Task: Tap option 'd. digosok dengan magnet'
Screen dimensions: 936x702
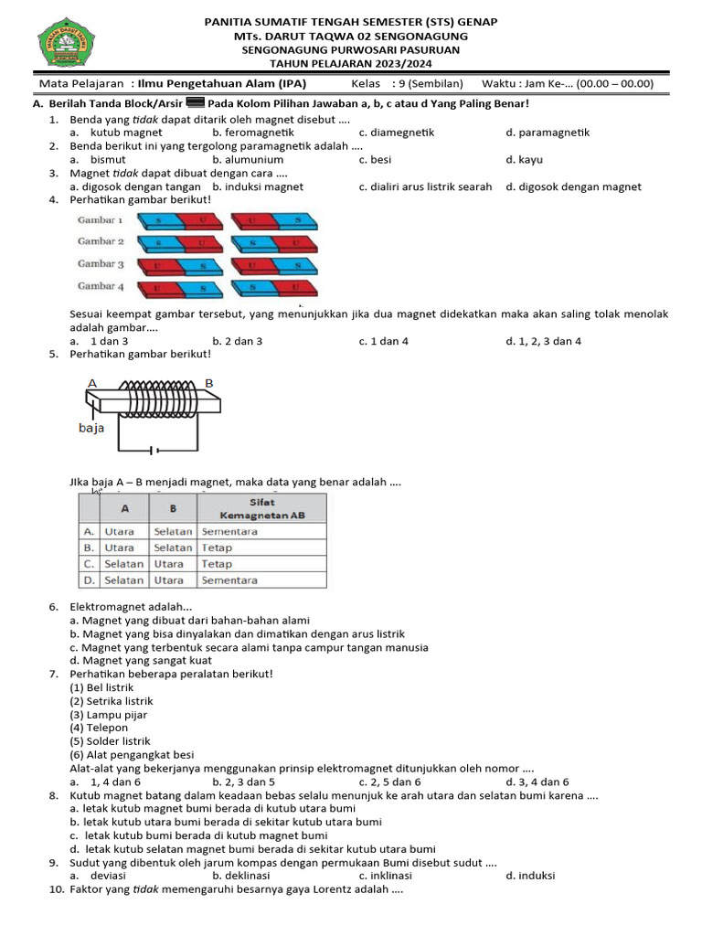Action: tap(573, 186)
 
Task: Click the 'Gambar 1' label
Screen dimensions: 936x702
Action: tap(101, 220)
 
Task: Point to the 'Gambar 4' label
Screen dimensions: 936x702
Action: tap(101, 286)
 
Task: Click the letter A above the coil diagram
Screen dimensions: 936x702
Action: tap(92, 382)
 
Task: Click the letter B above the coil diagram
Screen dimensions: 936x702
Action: tap(208, 382)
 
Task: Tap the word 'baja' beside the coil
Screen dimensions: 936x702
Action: tap(91, 427)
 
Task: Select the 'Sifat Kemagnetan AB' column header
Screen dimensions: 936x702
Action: tap(261, 509)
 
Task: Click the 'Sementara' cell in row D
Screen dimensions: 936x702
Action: tap(229, 580)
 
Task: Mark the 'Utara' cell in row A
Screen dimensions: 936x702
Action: tap(119, 532)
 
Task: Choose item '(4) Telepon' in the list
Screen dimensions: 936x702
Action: tap(100, 729)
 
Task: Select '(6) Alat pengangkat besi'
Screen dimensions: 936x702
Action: tap(132, 755)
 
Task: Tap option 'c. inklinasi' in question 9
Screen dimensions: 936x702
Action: tap(388, 876)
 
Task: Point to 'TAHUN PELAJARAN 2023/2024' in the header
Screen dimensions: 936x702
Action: tap(351, 64)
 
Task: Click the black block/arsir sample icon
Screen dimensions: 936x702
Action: tap(195, 103)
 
